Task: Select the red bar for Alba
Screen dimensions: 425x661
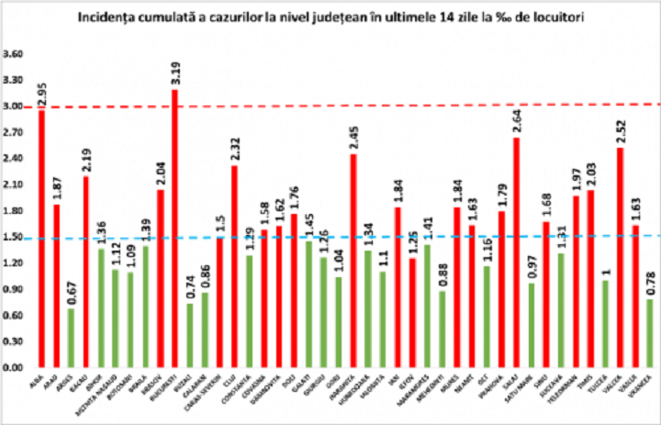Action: point(41,239)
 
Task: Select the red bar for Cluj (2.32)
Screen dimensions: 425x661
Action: point(234,265)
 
